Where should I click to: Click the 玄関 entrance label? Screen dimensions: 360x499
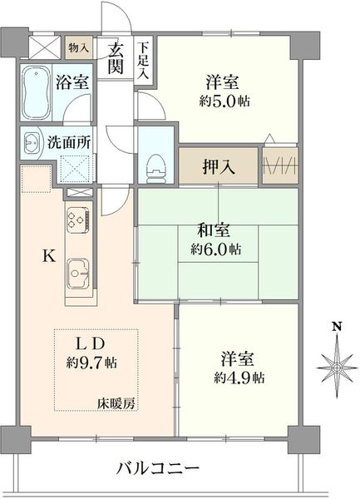(115, 58)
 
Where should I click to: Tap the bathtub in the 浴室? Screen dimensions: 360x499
(37, 92)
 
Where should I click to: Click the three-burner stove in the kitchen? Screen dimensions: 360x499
(78, 220)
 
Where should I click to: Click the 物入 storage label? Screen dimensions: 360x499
(78, 48)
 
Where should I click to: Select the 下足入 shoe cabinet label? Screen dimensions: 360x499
(143, 61)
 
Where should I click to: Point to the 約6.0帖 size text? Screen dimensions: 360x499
(215, 249)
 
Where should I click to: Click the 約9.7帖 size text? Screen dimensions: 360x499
(91, 363)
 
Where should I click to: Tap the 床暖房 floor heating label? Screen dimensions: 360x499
(116, 403)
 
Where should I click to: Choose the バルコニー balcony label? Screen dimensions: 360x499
(157, 468)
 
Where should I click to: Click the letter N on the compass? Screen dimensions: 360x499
(337, 327)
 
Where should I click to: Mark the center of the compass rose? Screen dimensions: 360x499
(337, 368)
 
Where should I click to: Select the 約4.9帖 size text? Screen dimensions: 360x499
(239, 378)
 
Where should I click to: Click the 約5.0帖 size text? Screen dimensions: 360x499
(224, 101)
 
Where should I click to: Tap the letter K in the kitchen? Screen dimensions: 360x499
(49, 255)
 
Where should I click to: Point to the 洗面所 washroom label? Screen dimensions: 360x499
(69, 143)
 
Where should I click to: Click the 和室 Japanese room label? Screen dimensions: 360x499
(213, 230)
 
